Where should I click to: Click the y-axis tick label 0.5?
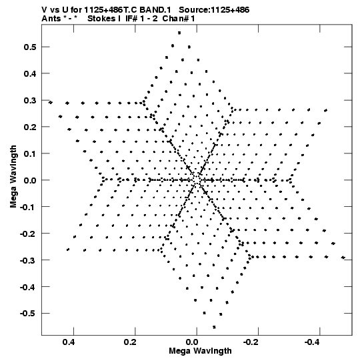click(x=30, y=47)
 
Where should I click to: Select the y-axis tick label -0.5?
click(x=28, y=314)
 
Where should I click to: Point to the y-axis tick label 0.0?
click(x=30, y=180)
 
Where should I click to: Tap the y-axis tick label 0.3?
click(x=30, y=100)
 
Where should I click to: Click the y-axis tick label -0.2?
click(x=28, y=234)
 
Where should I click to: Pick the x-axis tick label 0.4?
click(x=69, y=342)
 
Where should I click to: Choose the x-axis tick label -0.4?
click(x=312, y=342)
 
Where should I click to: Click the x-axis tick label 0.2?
click(x=130, y=342)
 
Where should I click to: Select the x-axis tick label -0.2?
click(x=251, y=342)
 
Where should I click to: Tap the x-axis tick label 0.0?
click(x=192, y=342)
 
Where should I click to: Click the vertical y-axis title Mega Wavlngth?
click(x=13, y=177)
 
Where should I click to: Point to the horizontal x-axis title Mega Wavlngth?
click(x=200, y=351)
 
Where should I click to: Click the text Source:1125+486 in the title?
click(x=214, y=10)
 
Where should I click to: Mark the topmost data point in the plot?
click(x=179, y=33)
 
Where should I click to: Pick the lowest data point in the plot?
click(x=214, y=327)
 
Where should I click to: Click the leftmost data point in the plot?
click(x=51, y=102)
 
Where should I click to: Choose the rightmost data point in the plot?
click(x=343, y=258)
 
